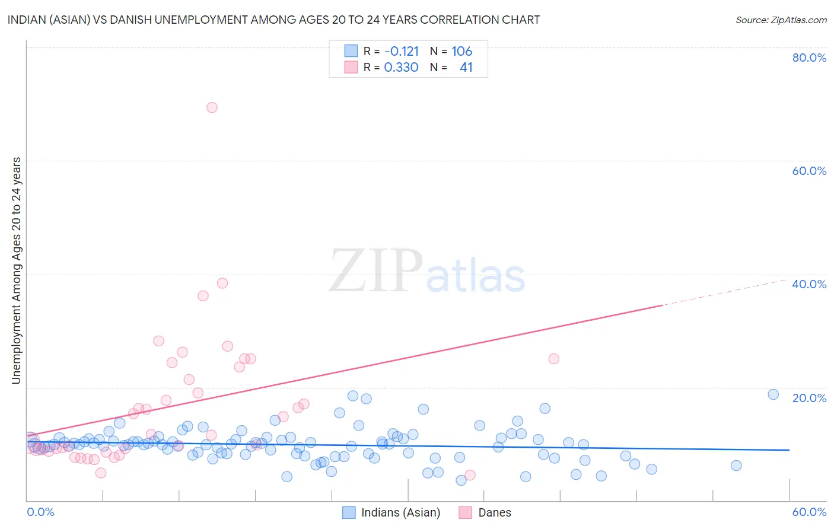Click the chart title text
(273, 20)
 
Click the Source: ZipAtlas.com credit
(781, 20)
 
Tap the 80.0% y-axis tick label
(809, 58)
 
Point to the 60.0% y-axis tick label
(809, 171)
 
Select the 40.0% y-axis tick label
(809, 284)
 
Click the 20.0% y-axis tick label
(809, 398)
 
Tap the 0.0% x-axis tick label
(40, 512)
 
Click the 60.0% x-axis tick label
(809, 512)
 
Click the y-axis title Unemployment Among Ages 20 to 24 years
(16, 270)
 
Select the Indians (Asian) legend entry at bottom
(391, 512)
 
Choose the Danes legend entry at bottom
(485, 512)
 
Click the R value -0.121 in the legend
(402, 52)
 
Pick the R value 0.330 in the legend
(402, 68)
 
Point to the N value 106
(461, 52)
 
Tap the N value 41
(466, 68)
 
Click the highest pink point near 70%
(212, 107)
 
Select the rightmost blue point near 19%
(773, 394)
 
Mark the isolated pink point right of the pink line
(553, 358)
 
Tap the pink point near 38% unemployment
(222, 283)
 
